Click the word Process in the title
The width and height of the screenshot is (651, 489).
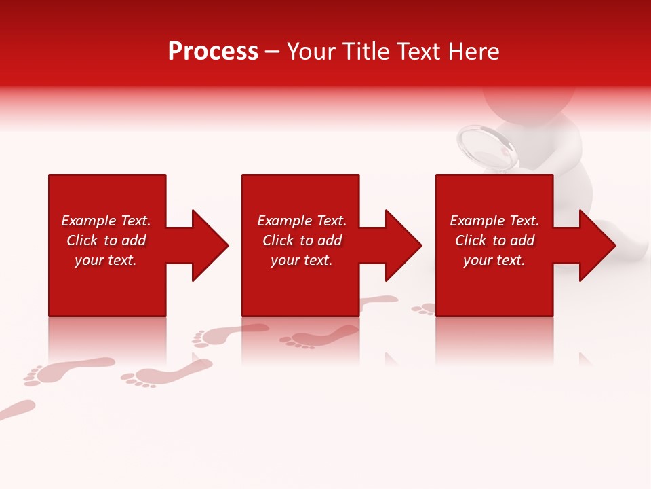(213, 52)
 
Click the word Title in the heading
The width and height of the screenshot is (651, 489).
(363, 52)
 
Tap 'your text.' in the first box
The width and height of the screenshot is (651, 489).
(106, 260)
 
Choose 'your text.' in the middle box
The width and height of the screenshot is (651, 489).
(302, 260)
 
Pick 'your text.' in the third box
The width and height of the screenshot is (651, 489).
(494, 260)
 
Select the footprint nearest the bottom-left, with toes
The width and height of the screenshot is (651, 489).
(68, 371)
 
